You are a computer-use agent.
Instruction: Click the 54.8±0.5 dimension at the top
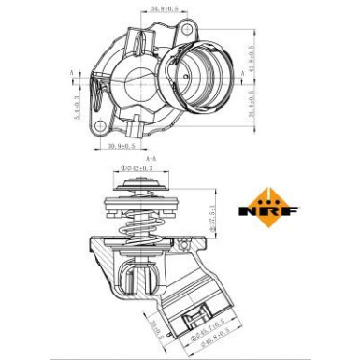click(x=166, y=8)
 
